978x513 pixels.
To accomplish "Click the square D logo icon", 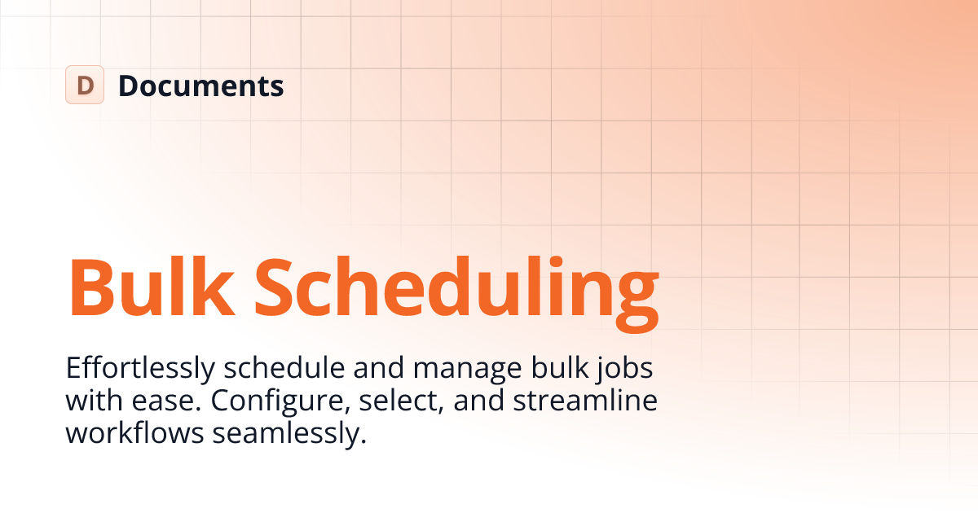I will pos(85,85).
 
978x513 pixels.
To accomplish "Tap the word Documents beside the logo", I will pos(200,85).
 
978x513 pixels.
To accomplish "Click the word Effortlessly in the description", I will pos(140,369).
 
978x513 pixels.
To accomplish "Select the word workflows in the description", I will pos(134,433).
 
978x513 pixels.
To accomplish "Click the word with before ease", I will pos(91,401).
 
